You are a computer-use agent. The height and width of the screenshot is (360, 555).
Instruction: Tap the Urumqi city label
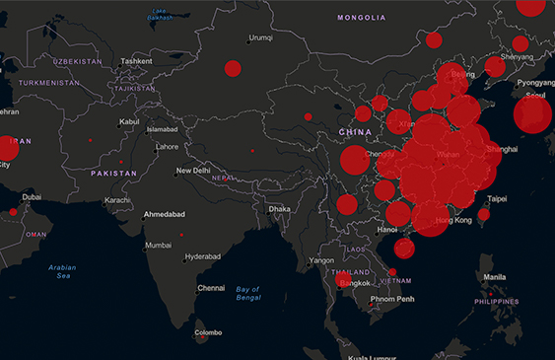tap(260, 37)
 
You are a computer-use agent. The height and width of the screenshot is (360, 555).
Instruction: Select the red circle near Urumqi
tap(233, 68)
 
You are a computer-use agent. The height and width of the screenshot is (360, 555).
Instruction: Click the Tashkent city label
tap(135, 61)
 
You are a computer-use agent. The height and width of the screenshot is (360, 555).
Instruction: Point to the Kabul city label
tap(129, 122)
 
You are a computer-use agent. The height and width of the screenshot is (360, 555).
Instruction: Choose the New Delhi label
tap(193, 171)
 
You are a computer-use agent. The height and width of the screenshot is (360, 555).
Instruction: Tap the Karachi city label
tap(117, 200)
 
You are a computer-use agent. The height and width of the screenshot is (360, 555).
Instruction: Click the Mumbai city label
tap(159, 245)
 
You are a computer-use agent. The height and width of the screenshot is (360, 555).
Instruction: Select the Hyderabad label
tap(203, 254)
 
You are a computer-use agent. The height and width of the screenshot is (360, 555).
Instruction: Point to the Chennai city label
tap(211, 288)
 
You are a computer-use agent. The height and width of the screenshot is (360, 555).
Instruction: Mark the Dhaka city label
tap(280, 209)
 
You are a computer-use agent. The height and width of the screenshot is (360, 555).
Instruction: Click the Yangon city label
tap(322, 261)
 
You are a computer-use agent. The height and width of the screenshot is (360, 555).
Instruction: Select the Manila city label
tap(495, 277)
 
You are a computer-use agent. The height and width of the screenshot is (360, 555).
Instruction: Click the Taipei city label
tap(497, 198)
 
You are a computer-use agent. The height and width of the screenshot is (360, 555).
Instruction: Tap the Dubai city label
tap(33, 196)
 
